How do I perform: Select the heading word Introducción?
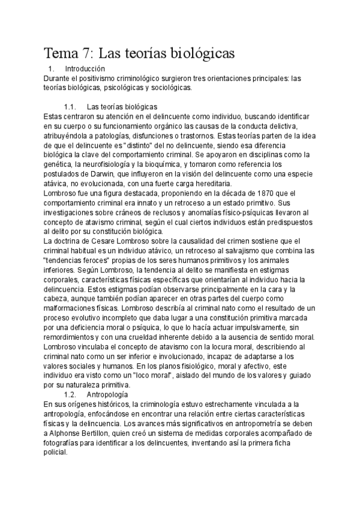coord(85,69)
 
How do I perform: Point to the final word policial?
coord(57,454)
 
